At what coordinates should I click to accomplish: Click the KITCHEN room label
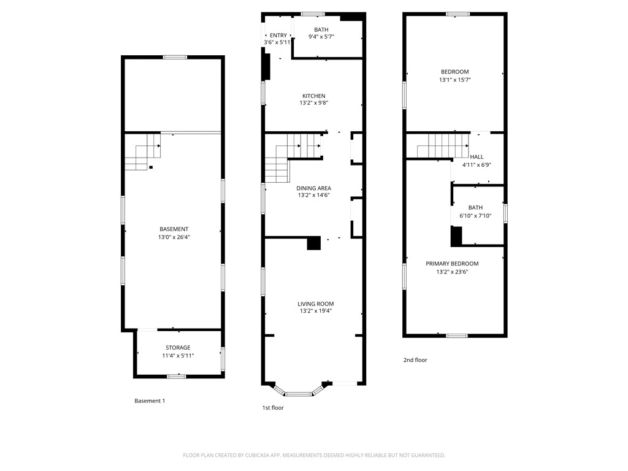point(313,96)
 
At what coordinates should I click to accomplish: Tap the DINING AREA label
point(313,188)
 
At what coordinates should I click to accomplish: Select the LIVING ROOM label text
point(316,304)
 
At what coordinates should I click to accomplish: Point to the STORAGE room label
point(178,348)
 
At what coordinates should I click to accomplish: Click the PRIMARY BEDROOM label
point(452,264)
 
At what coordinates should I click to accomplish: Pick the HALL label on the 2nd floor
point(477,157)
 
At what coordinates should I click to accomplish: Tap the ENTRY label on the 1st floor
point(278,36)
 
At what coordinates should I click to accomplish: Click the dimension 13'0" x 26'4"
point(174,237)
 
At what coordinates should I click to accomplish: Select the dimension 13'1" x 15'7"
point(454,80)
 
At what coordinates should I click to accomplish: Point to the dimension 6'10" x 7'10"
point(475,215)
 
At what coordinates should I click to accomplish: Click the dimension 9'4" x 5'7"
point(321,37)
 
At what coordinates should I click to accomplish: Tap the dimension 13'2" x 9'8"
point(313,103)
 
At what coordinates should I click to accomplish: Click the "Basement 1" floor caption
point(150,401)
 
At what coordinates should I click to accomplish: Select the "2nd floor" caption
point(415,360)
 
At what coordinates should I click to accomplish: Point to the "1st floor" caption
point(273,407)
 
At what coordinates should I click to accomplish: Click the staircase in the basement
point(142,153)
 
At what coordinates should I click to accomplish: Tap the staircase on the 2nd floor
point(442,147)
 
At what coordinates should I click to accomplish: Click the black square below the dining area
point(313,243)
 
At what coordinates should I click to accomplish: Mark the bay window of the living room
point(299,392)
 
